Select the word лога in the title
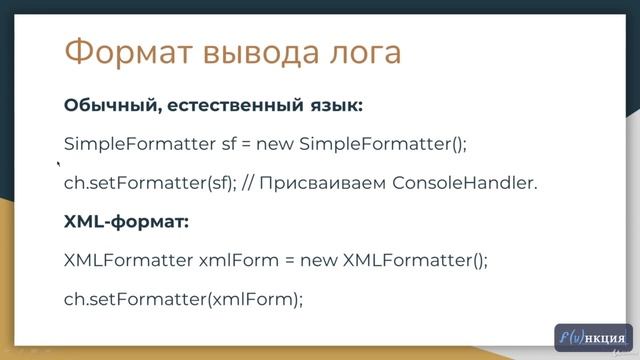tap(356, 51)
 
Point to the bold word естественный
tap(228, 105)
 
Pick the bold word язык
tap(335, 105)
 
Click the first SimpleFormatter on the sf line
tap(139, 144)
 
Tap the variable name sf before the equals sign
tap(229, 144)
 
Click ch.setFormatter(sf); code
tap(150, 184)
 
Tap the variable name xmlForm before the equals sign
tap(235, 261)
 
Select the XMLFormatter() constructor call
tap(415, 261)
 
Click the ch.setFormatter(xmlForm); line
tap(183, 298)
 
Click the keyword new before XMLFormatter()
tap(318, 261)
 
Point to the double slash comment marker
tap(251, 184)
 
